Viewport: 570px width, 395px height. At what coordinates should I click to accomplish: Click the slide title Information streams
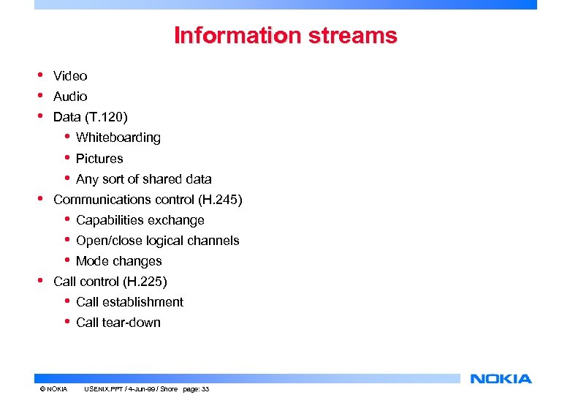[285, 35]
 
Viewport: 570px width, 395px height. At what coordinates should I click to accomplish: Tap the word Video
[70, 76]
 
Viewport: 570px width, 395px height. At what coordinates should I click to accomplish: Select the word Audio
[70, 97]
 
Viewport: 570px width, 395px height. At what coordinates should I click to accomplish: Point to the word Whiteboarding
[118, 138]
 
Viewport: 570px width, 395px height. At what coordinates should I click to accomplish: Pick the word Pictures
[99, 159]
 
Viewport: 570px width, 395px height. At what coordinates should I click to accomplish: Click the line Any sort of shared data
[143, 179]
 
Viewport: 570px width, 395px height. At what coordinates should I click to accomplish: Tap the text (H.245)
[218, 200]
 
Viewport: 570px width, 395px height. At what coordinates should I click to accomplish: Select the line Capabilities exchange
[140, 220]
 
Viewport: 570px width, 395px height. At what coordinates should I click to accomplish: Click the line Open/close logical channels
[157, 241]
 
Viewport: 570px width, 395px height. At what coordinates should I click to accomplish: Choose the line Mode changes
[118, 261]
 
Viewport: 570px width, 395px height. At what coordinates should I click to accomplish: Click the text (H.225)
[144, 282]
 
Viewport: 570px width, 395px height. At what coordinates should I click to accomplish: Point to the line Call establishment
[129, 302]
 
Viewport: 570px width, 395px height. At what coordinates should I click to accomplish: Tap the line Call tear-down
[118, 323]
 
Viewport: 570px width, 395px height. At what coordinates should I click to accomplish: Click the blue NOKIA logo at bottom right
[501, 379]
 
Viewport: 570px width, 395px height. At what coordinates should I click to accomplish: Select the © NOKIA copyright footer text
[53, 389]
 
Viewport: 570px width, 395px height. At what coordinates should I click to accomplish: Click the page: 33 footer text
[194, 389]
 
